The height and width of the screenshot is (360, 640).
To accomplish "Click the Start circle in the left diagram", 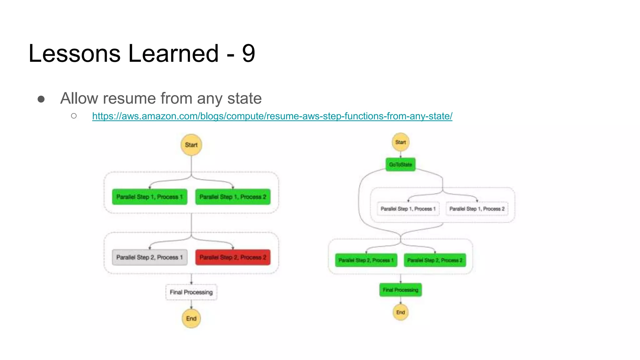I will (x=191, y=145).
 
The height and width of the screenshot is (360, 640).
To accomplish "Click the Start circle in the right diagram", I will (x=400, y=142).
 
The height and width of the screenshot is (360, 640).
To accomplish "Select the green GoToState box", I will (x=400, y=164).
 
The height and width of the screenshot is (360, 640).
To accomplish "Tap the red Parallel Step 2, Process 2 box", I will (x=233, y=257).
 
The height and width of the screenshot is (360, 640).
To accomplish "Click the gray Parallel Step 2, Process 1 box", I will (x=150, y=257).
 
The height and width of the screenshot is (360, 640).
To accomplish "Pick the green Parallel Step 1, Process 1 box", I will (x=150, y=197).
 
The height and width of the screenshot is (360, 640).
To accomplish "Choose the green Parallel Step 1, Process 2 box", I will (x=233, y=197).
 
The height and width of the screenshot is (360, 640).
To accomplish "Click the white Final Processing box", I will (x=191, y=292).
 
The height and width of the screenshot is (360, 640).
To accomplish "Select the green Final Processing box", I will (x=400, y=290).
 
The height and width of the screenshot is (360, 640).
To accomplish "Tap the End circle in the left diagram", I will (x=191, y=318).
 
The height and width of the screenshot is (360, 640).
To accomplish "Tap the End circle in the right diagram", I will (x=400, y=312).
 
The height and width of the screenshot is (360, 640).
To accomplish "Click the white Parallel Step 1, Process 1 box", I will (x=408, y=209).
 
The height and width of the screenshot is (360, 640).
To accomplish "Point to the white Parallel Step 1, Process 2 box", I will (x=477, y=209).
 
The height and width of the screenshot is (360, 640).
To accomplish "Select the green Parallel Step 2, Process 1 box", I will (x=366, y=260).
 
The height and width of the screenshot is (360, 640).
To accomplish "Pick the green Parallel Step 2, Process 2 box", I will (x=435, y=260).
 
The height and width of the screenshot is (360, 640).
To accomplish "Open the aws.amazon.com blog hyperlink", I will (x=272, y=116).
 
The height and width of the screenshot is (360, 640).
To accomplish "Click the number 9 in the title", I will (x=248, y=53).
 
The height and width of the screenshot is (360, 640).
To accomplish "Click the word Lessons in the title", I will (x=74, y=53).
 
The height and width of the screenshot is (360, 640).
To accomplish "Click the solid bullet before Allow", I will (x=41, y=99).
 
